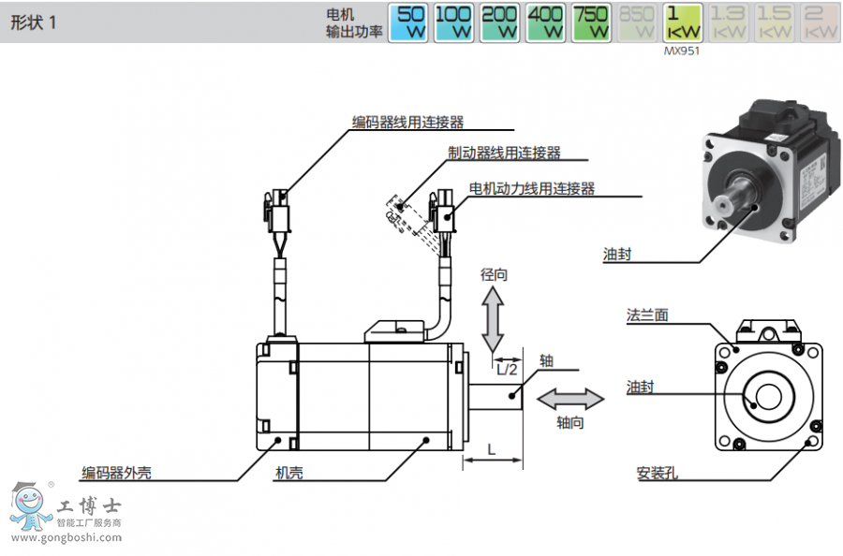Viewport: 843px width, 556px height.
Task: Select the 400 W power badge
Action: [x=546, y=22]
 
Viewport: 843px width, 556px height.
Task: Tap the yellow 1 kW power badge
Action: [x=682, y=22]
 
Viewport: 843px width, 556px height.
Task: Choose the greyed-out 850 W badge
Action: [x=637, y=22]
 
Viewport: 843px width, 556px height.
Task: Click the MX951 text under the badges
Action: [x=682, y=51]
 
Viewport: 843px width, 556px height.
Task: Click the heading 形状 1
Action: [x=34, y=23]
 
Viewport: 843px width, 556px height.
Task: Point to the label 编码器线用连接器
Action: [x=408, y=122]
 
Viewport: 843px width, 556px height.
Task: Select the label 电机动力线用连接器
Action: [x=532, y=188]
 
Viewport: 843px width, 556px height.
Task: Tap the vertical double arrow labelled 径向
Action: [x=493, y=320]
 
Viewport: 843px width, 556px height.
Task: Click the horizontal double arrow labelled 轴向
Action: [x=570, y=400]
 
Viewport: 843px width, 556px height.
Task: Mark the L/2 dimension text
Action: [x=507, y=369]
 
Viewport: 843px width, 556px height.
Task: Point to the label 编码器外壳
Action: [x=117, y=473]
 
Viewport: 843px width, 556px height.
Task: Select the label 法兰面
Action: [x=647, y=315]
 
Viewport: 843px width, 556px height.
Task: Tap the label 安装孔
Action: [x=657, y=473]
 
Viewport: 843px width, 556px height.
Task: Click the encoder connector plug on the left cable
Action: [x=278, y=215]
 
